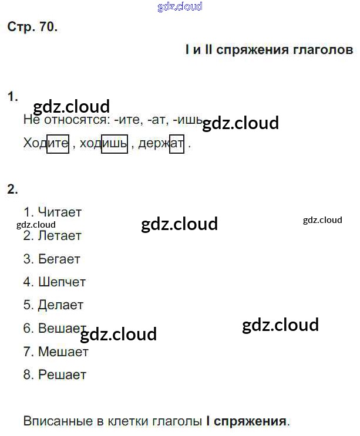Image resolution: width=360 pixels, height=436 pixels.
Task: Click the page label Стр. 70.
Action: click(x=32, y=26)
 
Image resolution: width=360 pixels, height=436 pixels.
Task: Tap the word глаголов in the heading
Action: click(x=322, y=50)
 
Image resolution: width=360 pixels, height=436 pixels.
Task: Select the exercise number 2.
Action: click(x=12, y=189)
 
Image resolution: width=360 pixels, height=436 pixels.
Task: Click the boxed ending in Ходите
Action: click(x=58, y=143)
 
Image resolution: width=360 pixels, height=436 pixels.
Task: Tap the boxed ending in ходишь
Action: click(x=115, y=143)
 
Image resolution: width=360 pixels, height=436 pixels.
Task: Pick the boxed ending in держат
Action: click(x=177, y=143)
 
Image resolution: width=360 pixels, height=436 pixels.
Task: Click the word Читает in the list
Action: click(x=59, y=212)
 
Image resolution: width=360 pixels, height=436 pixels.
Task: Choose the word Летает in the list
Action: click(x=59, y=235)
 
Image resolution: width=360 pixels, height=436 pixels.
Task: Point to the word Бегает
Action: click(x=59, y=259)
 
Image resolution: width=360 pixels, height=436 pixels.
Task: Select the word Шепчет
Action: click(x=62, y=282)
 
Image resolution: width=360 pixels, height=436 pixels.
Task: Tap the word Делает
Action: click(x=60, y=305)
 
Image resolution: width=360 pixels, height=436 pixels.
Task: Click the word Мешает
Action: click(x=63, y=351)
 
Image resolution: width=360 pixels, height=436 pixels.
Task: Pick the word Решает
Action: click(x=62, y=374)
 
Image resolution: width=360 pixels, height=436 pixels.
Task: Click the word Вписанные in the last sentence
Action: click(x=54, y=421)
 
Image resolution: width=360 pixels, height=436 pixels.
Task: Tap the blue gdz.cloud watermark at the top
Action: click(x=180, y=7)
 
